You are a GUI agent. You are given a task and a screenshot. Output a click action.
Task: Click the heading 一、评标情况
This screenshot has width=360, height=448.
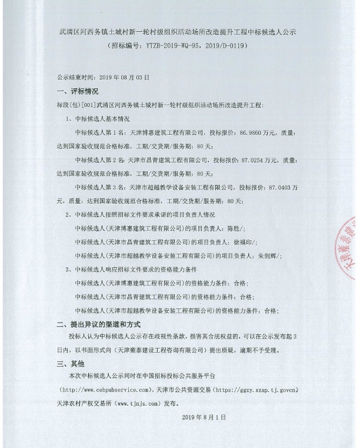[x=77, y=91]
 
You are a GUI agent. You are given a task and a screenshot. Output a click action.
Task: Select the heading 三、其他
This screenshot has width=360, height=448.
[x=71, y=363]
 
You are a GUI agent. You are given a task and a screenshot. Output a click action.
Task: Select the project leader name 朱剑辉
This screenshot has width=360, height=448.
[x=267, y=255]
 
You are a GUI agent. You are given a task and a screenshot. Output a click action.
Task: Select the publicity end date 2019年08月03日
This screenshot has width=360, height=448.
[x=123, y=77]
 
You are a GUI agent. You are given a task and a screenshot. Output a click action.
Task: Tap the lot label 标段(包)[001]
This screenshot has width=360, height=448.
[x=74, y=104]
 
